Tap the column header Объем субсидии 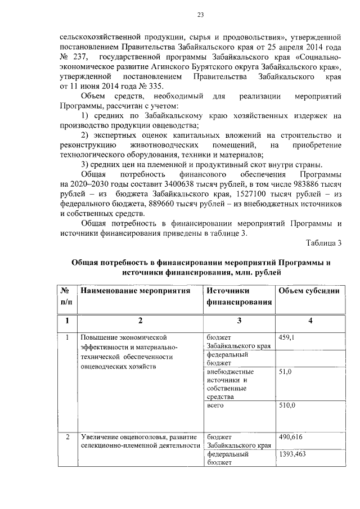point(308,291)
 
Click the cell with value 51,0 point(287,372)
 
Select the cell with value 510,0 point(287,405)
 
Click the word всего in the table point(215,405)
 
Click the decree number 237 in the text point(83,57)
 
